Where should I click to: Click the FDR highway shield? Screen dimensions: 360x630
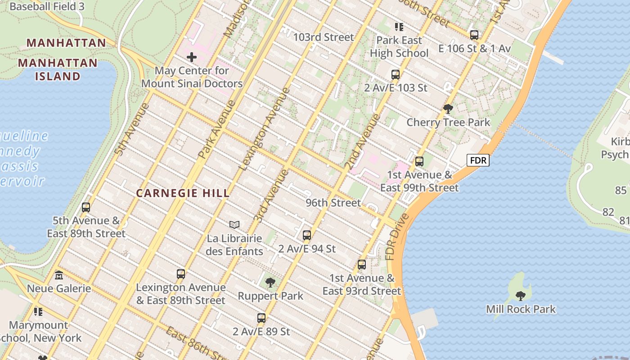point(477,160)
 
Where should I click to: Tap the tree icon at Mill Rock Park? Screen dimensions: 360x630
point(521,296)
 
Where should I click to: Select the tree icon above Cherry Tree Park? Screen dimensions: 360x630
point(448,108)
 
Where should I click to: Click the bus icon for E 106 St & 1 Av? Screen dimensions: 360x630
point(474,35)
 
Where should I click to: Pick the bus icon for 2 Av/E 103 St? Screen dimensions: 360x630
point(396,74)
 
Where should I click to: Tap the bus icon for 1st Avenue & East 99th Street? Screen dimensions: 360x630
point(419,161)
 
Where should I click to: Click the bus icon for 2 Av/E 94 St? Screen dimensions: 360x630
point(307,235)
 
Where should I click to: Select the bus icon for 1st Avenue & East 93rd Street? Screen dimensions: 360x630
point(362,265)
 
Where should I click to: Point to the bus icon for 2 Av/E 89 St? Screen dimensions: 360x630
point(261,318)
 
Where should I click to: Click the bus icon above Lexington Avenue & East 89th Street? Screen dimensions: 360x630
point(181,274)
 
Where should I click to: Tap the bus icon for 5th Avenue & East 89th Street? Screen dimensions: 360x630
point(86,207)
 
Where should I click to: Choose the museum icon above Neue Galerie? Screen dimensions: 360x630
point(59,275)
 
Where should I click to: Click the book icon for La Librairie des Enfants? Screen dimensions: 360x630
point(234,225)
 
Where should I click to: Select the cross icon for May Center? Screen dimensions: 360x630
point(192,57)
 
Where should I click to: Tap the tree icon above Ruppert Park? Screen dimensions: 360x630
point(270,283)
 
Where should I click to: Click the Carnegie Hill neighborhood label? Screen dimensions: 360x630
point(183,193)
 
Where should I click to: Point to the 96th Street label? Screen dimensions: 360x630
point(333,203)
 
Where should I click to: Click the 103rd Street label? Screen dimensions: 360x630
point(324,37)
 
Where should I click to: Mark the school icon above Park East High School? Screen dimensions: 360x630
point(399,27)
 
